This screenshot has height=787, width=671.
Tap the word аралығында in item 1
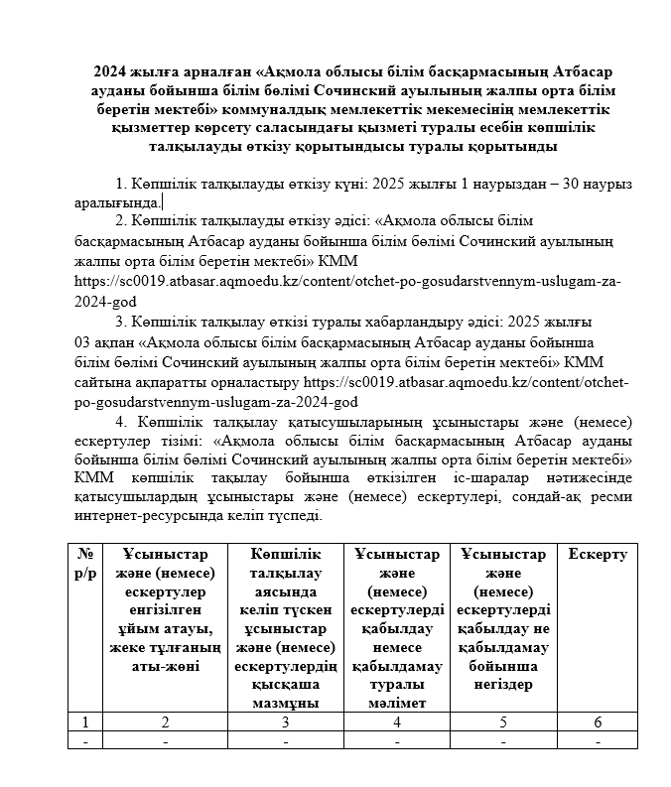[117, 202]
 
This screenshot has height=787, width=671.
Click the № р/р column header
[84, 563]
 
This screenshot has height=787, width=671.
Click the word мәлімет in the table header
[396, 703]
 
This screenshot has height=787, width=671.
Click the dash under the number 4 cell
[396, 740]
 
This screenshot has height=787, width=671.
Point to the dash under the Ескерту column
[597, 740]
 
